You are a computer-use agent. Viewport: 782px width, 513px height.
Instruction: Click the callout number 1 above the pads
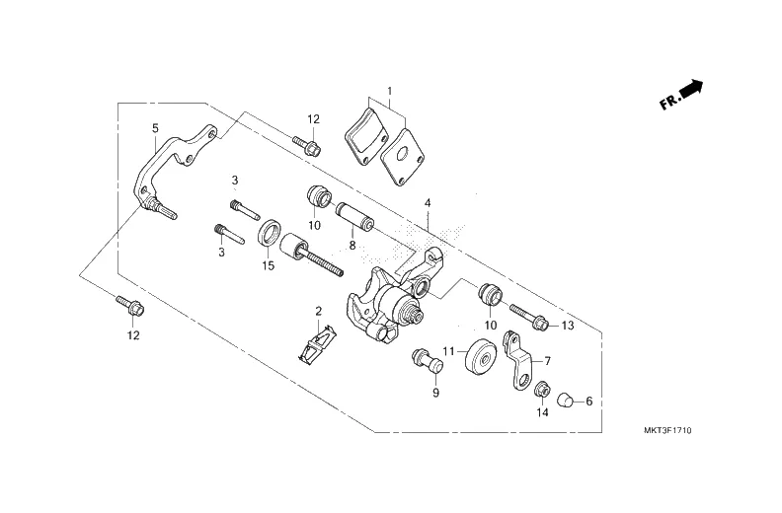389,91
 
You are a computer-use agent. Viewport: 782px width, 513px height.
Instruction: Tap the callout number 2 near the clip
318,312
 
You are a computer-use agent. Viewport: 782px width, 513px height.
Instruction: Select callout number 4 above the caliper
428,203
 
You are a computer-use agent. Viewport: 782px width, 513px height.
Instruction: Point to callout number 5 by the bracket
155,128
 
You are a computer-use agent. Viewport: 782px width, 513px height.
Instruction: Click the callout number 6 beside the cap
588,402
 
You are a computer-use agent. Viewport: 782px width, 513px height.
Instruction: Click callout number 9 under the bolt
433,393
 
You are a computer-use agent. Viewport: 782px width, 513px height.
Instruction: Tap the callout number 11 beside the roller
447,351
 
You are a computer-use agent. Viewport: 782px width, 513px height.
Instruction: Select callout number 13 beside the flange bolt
567,325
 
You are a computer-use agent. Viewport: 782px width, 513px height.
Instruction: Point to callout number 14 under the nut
540,413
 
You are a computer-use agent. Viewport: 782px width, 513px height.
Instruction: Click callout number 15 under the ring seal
268,265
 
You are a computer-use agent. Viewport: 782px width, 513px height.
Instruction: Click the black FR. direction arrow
693,90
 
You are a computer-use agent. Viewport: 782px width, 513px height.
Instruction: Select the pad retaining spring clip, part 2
313,342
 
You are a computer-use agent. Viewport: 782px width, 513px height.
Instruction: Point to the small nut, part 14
541,392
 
